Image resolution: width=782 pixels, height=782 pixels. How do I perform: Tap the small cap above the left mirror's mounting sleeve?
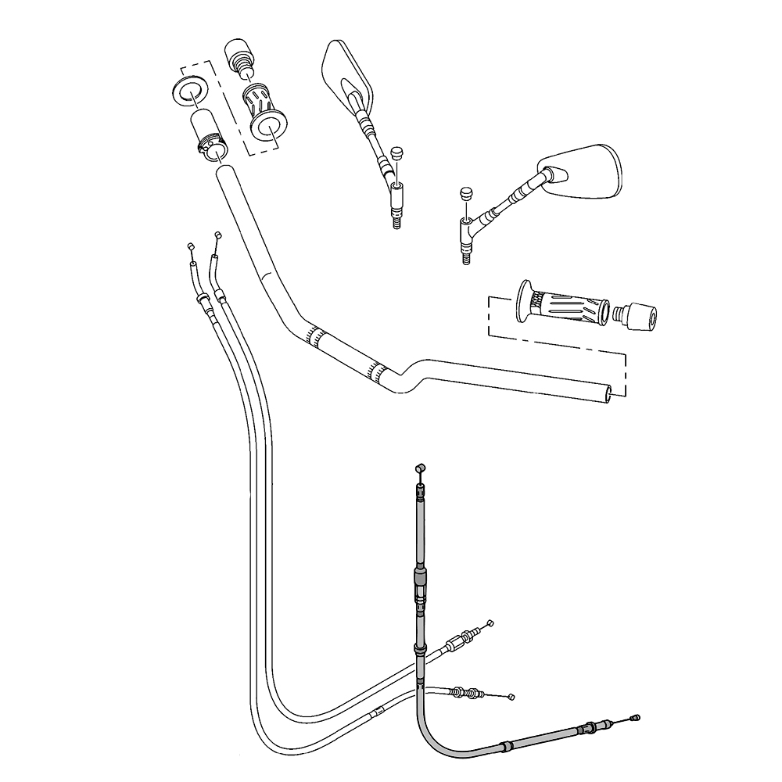click(x=398, y=152)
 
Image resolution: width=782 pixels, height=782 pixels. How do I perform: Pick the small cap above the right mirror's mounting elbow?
click(x=467, y=192)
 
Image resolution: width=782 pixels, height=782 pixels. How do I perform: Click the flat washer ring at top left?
click(x=188, y=91)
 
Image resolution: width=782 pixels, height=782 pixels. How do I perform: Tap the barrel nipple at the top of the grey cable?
click(x=419, y=467)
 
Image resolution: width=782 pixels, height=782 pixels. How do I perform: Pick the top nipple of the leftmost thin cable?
click(x=190, y=247)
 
